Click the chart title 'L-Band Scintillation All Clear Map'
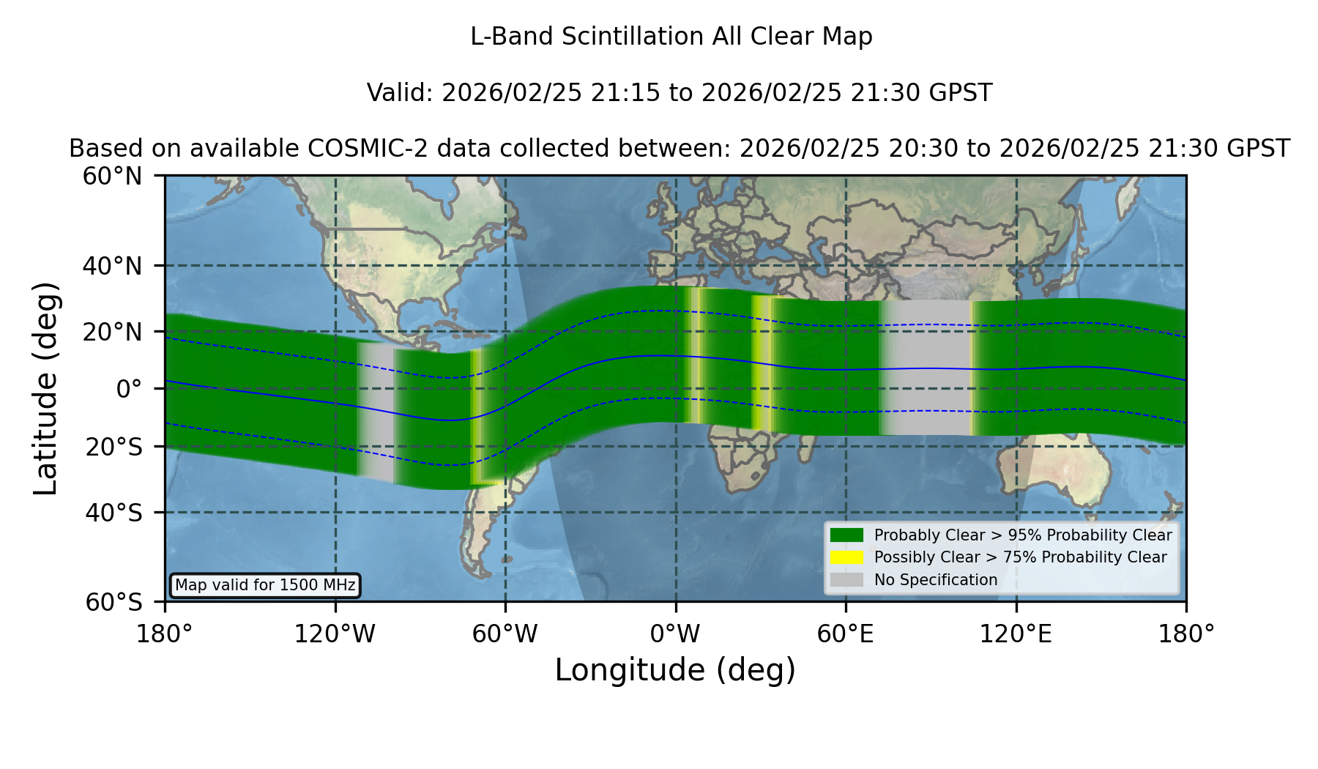tap(671, 37)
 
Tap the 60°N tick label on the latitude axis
tap(113, 176)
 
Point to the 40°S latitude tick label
tap(113, 513)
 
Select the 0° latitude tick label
tap(129, 389)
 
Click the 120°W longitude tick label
tap(335, 634)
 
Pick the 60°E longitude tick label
tap(846, 634)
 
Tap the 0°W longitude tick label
tap(676, 634)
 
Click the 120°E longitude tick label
tap(1016, 634)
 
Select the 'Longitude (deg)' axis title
tap(675, 671)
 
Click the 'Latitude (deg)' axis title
tap(45, 388)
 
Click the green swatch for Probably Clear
tap(846, 535)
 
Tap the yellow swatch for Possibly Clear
tap(846, 557)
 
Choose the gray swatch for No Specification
tap(846, 580)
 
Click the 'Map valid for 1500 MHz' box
tap(265, 585)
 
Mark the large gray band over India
tap(926, 368)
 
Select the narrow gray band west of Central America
tap(376, 412)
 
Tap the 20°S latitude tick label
tap(113, 447)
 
